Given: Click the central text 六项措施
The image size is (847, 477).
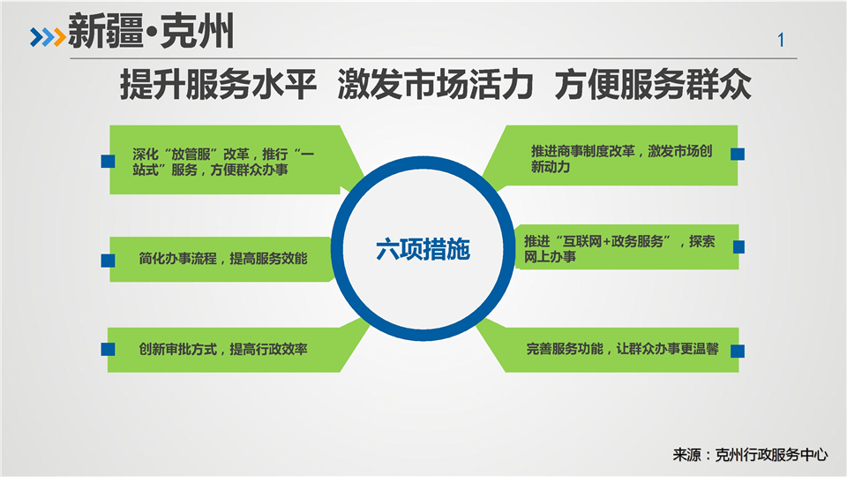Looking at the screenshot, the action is pos(423,249).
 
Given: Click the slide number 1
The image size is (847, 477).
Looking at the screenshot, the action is pos(781,40).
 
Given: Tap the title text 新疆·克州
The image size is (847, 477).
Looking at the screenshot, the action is pos(151,32).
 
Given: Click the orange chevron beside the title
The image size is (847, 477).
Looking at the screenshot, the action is pos(59,37).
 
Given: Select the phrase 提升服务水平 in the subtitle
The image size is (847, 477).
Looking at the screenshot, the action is pos(218,85).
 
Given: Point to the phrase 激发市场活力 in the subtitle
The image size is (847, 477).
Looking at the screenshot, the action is pos(435,85).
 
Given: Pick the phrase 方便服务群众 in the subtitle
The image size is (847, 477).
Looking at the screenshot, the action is pos(653,85).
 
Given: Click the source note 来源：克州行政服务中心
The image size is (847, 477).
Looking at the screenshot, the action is pos(750,455).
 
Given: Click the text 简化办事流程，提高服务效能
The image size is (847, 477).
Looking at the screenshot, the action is pos(223,259).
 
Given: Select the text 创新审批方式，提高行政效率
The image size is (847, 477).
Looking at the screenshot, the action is pos(223,349).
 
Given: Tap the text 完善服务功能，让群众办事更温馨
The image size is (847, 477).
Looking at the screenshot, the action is pos(622,349).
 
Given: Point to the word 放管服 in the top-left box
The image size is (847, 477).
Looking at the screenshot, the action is pos(191,154).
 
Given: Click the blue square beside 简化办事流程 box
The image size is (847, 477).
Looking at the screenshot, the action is pos(108,261).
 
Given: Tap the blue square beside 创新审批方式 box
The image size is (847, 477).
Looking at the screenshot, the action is pos(108,349).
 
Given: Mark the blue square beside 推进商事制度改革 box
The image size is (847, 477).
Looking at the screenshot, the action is pos(738,154).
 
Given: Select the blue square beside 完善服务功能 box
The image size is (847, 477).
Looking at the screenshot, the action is pos(738,351).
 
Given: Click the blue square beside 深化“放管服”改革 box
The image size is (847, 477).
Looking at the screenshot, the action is pos(108,161).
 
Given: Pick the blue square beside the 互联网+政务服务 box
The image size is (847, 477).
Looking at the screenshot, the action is pos(738,247).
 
